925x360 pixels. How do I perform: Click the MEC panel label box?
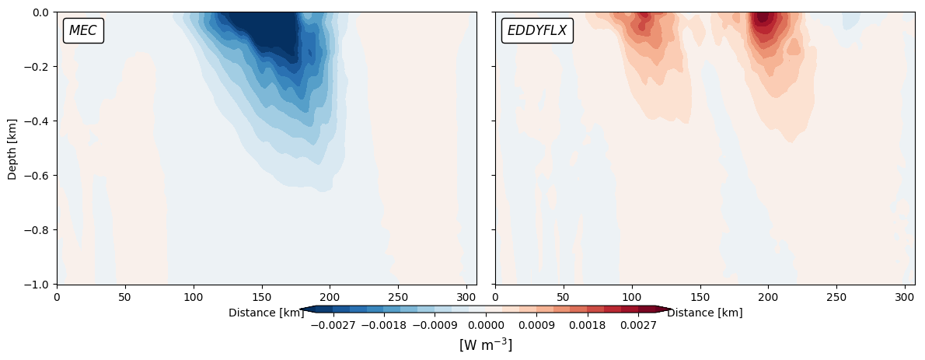click(x=83, y=31)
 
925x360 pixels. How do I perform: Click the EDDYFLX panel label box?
click(x=537, y=31)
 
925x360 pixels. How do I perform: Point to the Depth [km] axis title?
click(x=12, y=149)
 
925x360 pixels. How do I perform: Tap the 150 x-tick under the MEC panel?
click(x=125, y=297)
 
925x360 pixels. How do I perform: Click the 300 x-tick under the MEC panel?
click(x=467, y=297)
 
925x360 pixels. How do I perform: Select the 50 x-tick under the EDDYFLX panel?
click(x=563, y=297)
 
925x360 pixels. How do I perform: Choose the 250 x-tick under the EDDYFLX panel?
click(x=837, y=297)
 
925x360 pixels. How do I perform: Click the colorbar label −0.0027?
click(x=333, y=325)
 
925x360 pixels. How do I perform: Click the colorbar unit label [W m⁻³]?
click(x=485, y=344)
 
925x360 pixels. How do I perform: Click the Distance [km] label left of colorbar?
click(x=266, y=313)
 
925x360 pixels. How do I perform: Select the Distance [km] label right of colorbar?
click(x=704, y=313)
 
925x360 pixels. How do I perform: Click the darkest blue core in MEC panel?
click(x=264, y=31)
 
